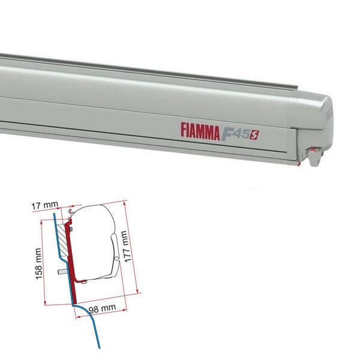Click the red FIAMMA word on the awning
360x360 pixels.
200,131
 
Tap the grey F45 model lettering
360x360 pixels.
235,134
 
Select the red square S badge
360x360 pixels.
254,135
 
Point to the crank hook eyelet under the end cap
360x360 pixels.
314,156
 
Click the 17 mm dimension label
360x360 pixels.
44,205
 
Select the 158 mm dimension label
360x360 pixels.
38,264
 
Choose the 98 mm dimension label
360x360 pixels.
103,308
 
